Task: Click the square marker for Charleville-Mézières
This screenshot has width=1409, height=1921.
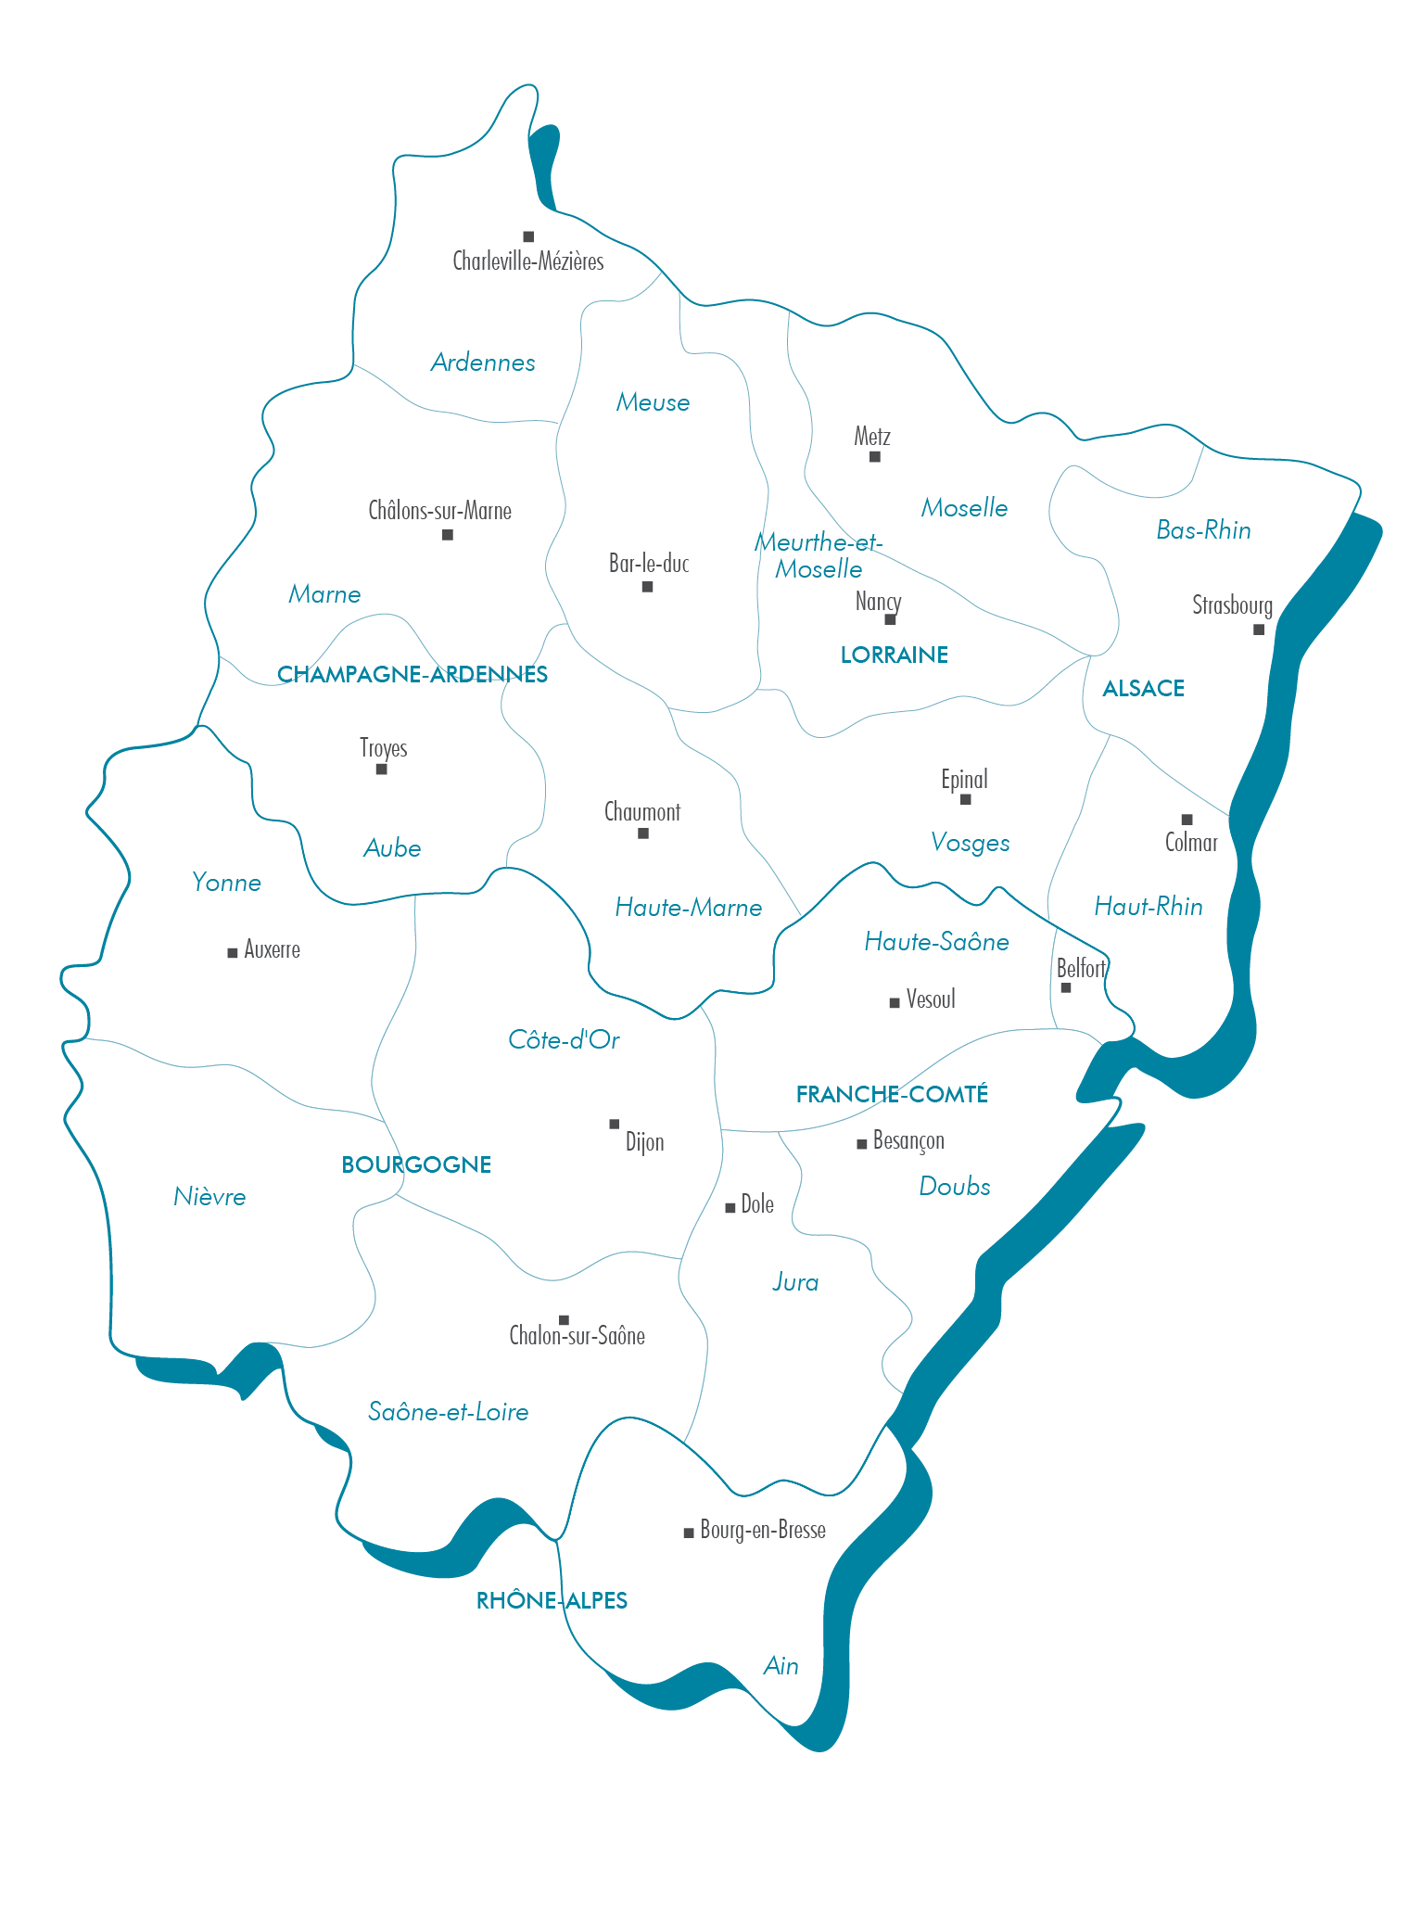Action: pos(528,236)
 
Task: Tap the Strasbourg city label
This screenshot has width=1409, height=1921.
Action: pos(1232,605)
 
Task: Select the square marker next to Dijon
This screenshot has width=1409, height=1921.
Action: pos(614,1124)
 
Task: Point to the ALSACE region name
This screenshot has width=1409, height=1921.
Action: pos(1143,688)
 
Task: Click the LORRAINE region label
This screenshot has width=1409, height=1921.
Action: pos(894,655)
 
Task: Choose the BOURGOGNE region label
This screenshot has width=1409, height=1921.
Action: pos(416,1164)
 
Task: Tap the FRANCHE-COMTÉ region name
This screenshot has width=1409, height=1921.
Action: pos(892,1094)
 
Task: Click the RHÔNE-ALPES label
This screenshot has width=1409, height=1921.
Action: pos(552,1600)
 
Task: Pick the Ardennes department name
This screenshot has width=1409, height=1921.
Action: pos(483,363)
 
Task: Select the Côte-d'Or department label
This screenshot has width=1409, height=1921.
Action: pos(564,1040)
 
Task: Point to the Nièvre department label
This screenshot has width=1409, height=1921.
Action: pos(209,1197)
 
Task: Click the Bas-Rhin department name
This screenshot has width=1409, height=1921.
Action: pos(1203,530)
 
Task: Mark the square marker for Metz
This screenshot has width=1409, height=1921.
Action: pos(874,456)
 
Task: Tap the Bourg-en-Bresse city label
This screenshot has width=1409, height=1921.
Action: pos(763,1530)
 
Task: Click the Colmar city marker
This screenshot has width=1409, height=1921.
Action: pos(1187,820)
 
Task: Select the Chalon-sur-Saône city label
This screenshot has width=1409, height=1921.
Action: pos(577,1336)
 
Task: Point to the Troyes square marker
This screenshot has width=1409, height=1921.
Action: pos(381,769)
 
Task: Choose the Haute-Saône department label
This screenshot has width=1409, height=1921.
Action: pos(936,942)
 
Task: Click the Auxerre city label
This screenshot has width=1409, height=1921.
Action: pos(272,949)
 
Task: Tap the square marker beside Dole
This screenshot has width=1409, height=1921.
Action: pos(730,1207)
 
